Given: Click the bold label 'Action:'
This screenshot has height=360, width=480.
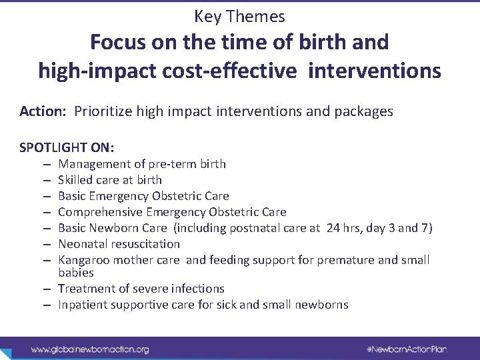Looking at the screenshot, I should [x=42, y=111].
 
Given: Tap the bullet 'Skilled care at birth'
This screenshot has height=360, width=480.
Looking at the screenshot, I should [x=109, y=180].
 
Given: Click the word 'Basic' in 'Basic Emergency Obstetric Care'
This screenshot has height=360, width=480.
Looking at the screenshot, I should [x=73, y=196].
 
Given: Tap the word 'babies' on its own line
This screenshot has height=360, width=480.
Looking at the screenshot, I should [x=76, y=273].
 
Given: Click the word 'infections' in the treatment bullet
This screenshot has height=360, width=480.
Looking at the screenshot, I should [x=199, y=289].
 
